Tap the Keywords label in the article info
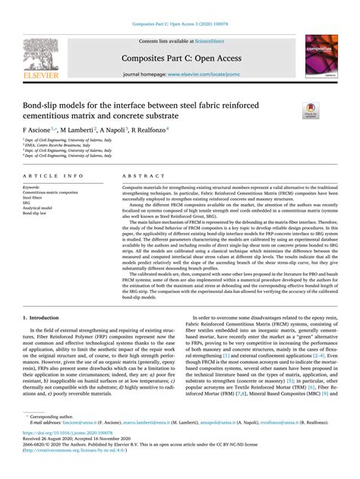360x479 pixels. tap(31, 187)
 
